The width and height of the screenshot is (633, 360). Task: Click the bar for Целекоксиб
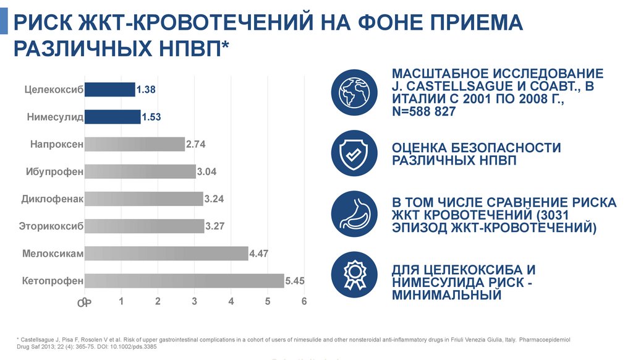tap(109, 90)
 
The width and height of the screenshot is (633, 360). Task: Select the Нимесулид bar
tap(112, 117)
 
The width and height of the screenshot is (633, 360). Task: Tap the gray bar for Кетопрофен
tap(184, 281)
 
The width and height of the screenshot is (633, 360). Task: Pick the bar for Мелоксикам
tap(166, 254)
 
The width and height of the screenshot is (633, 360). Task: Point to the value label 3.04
tap(206, 171)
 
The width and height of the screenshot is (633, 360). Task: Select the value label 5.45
tap(295, 281)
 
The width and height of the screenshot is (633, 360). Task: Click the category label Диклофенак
tap(52, 199)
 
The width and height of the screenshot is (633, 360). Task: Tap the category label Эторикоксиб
tap(52, 226)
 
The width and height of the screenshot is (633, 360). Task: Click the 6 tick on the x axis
tap(304, 301)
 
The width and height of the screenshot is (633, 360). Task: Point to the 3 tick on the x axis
tap(194, 301)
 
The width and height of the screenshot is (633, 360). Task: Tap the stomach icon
tap(354, 215)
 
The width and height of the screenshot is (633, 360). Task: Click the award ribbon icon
tap(354, 275)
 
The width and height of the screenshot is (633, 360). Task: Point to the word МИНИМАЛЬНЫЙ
tap(446, 295)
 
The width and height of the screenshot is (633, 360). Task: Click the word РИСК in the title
tap(45, 24)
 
